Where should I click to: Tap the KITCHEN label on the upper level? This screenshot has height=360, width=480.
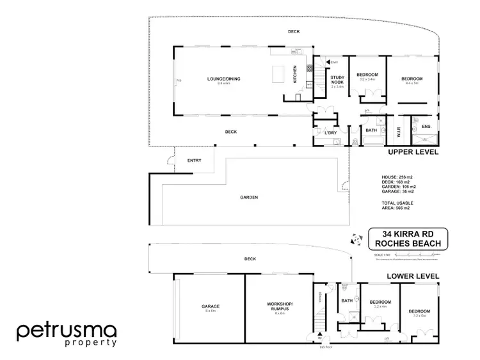coord(295,75)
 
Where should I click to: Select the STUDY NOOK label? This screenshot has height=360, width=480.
coord(337,80)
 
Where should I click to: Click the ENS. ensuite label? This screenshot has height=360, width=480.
coord(427,127)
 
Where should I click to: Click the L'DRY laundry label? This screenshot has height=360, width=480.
coord(331,132)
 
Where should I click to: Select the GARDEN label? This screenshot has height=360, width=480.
coord(250,198)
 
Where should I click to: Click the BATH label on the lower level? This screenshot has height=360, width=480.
coord(348,300)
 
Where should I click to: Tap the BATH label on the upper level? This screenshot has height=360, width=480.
coord(371,130)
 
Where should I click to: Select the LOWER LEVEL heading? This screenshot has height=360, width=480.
coord(413,276)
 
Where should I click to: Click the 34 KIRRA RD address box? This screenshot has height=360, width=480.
coord(408,239)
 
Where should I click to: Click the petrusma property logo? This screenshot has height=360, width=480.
coord(66,334)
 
